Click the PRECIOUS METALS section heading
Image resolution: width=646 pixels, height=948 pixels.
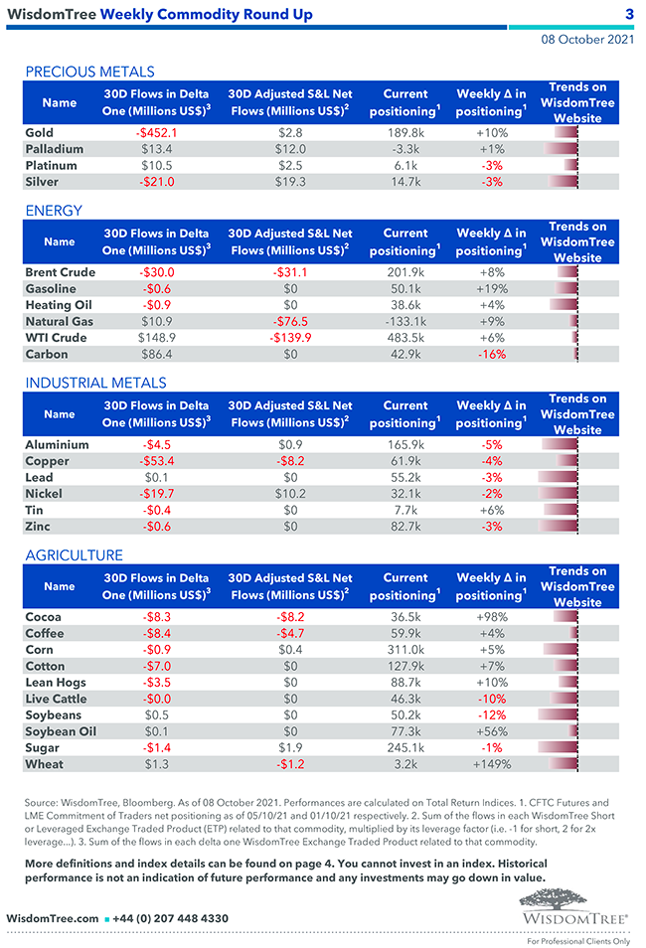tap(89, 72)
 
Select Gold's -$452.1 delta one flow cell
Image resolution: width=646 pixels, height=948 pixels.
tap(157, 133)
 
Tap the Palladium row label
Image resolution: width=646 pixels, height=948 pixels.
tap(55, 149)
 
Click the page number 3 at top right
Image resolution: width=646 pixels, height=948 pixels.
tap(629, 14)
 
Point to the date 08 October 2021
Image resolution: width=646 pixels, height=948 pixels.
tap(587, 40)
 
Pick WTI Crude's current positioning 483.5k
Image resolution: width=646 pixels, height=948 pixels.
tap(405, 338)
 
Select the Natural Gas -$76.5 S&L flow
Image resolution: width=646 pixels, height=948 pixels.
tap(290, 321)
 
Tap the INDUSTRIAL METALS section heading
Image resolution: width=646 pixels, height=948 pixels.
tap(95, 383)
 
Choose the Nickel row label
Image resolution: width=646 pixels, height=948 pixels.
tap(44, 494)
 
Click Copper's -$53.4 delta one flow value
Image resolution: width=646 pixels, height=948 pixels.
tap(157, 461)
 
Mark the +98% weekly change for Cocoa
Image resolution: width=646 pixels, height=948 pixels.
tap(492, 617)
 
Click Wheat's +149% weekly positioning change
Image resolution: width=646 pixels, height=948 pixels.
tap(492, 764)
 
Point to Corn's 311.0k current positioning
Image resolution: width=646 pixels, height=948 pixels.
tap(405, 650)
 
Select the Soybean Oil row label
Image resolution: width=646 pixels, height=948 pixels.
tap(60, 731)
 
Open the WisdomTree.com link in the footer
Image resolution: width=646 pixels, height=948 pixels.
tap(53, 919)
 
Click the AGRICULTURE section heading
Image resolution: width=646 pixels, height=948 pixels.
tap(75, 555)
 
